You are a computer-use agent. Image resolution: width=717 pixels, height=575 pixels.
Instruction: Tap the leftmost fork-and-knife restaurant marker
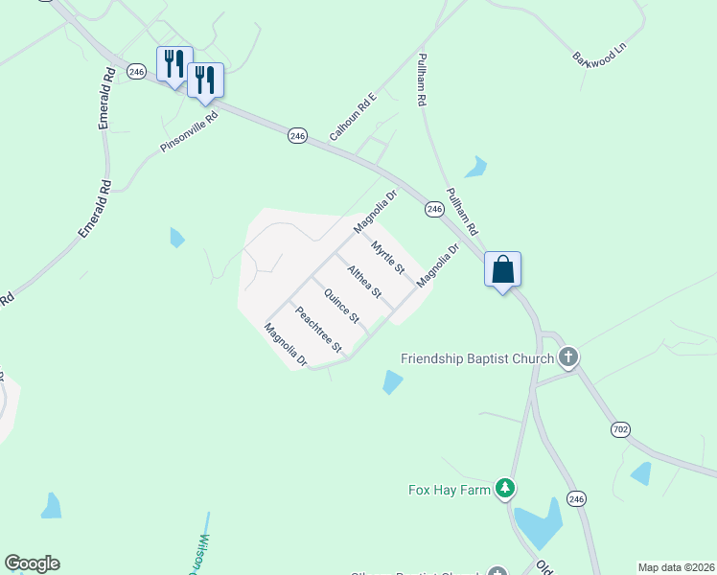point(174,65)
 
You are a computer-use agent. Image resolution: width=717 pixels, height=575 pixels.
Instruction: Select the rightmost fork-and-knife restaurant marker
point(205,80)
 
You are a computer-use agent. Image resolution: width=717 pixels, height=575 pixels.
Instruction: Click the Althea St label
point(364,281)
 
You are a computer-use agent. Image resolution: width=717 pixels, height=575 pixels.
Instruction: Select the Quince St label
point(341,305)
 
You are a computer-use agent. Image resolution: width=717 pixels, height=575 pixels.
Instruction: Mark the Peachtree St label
point(318,329)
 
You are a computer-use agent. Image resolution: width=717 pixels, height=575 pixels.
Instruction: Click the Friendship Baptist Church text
point(477,359)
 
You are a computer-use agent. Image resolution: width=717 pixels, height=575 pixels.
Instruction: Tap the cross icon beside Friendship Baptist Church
point(568,358)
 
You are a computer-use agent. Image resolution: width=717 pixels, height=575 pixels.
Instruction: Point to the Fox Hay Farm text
point(445,490)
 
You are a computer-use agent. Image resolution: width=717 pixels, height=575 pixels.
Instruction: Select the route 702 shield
point(620,429)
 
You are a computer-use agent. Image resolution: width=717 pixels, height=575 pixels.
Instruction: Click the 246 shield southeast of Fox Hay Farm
point(575,498)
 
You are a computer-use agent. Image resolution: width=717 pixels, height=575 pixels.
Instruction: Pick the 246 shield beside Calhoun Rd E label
point(297,137)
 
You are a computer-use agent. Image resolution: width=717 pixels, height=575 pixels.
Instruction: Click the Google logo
point(32,563)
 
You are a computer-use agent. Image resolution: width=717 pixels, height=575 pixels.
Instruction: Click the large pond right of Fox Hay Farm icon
point(539,522)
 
